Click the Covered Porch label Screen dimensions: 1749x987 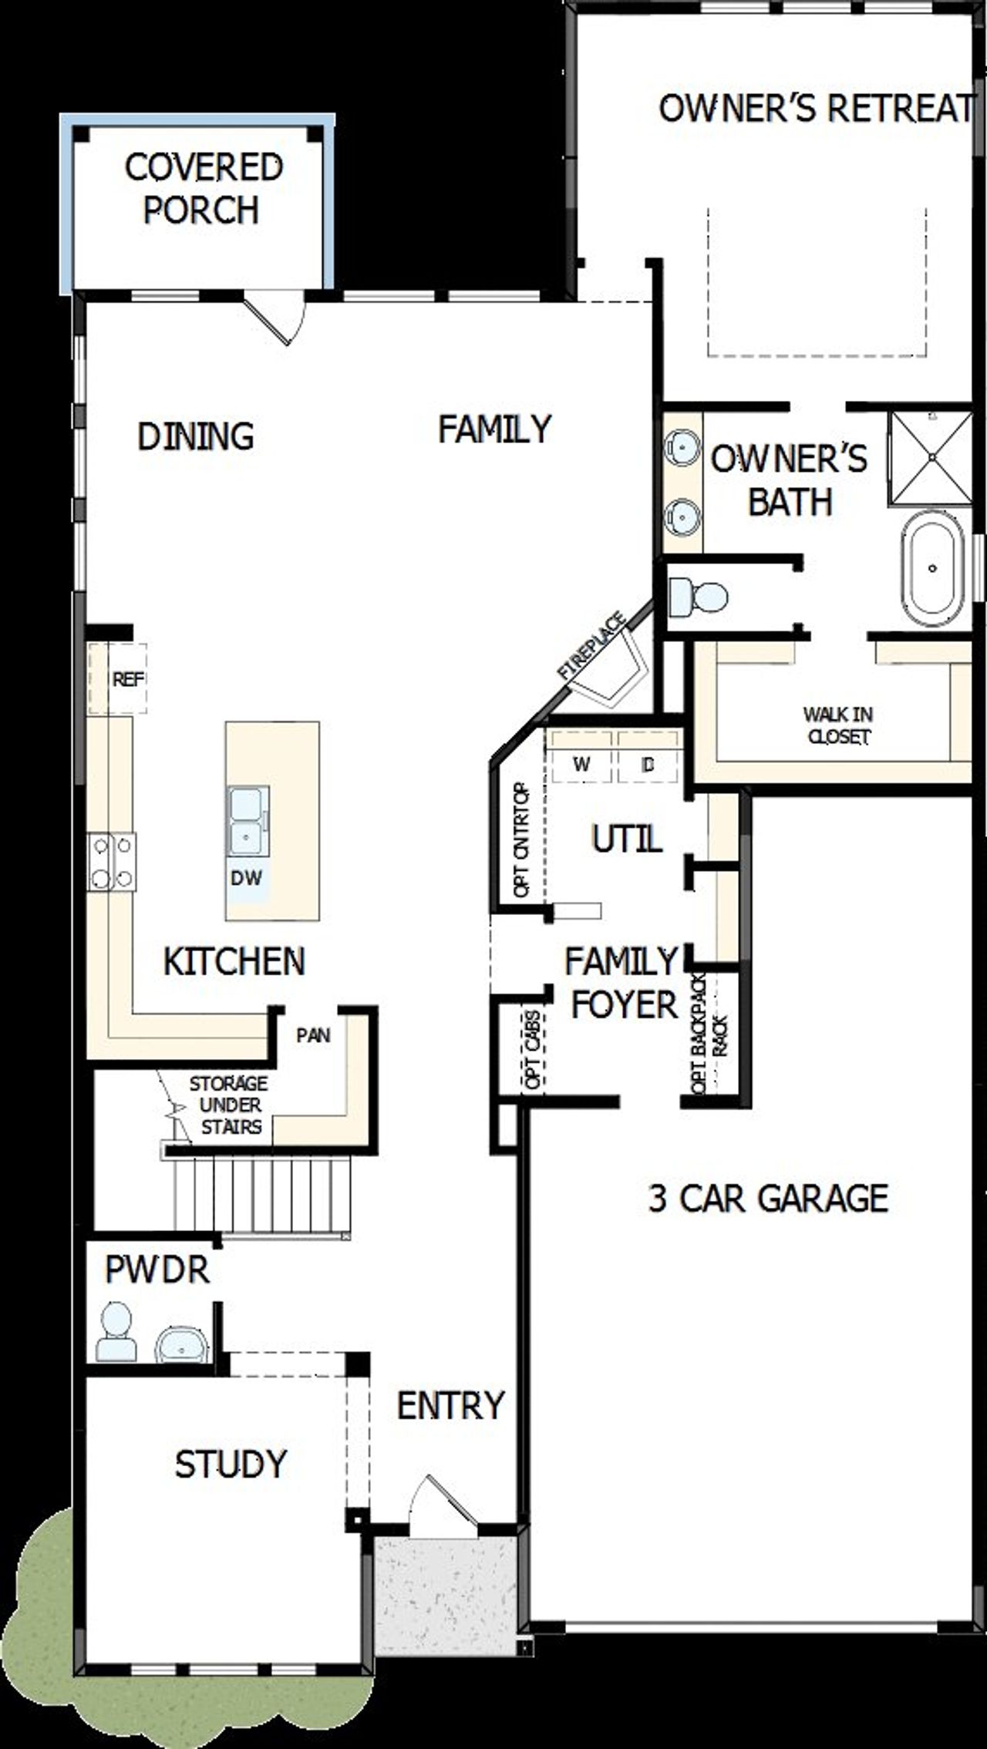click(204, 189)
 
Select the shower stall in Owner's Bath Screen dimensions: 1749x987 click(931, 458)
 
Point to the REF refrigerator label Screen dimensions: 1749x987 click(128, 679)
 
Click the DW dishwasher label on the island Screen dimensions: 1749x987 click(246, 877)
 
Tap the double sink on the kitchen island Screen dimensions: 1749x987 click(248, 820)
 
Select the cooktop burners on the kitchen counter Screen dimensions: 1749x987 click(112, 862)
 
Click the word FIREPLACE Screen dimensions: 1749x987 click(592, 646)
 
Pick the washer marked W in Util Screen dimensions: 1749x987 click(582, 764)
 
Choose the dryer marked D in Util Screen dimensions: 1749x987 click(648, 764)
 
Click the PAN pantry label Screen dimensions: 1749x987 click(313, 1035)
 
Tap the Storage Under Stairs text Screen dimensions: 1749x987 click(229, 1105)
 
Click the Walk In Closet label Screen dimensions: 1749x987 click(838, 725)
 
